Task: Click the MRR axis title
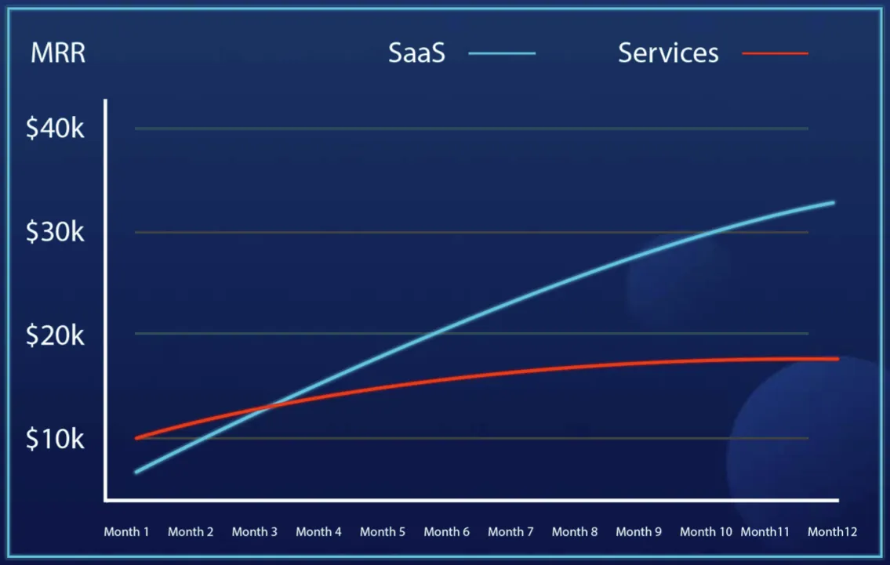[58, 54]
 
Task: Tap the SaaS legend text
[416, 53]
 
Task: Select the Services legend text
[668, 53]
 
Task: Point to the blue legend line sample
[502, 53]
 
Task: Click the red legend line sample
[775, 53]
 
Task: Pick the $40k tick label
[55, 129]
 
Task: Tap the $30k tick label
[55, 232]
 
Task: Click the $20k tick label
[55, 335]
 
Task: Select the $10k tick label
[55, 439]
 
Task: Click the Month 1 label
[126, 532]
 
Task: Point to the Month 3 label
[254, 532]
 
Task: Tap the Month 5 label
[383, 532]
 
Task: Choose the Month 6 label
[446, 532]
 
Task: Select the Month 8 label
[574, 532]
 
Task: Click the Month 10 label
[706, 532]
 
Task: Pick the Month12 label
[832, 532]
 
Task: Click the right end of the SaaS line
[833, 202]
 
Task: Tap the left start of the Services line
[136, 438]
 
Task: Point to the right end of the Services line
[837, 359]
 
